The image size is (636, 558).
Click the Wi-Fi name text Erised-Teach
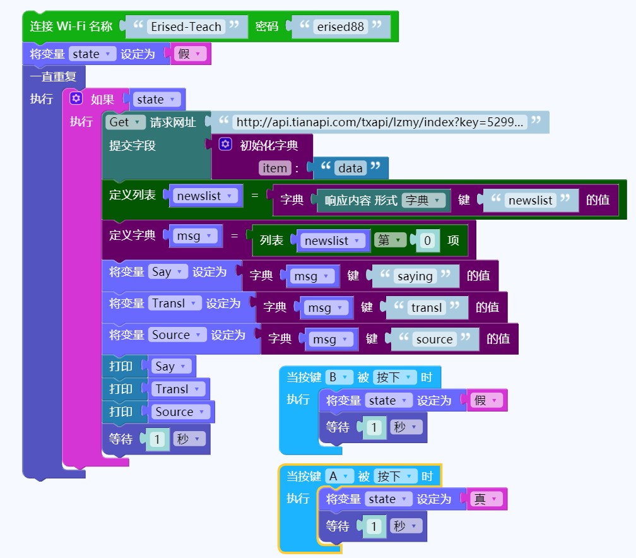tap(186, 27)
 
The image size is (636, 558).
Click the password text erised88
tap(340, 27)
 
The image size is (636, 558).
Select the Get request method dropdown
tap(126, 122)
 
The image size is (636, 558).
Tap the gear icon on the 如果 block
tap(76, 99)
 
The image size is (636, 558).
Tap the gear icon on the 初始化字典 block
tap(225, 145)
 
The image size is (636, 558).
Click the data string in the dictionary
tap(350, 168)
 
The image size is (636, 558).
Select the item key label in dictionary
tap(274, 168)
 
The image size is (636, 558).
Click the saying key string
tap(415, 276)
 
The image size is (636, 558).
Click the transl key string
tap(427, 307)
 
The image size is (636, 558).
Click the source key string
tap(434, 339)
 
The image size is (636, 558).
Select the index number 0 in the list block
tap(428, 240)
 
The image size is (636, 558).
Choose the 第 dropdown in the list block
tap(390, 240)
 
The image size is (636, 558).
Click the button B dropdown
tap(339, 377)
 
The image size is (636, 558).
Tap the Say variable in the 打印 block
tap(172, 366)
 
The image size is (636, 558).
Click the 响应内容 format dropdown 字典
tap(424, 200)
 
